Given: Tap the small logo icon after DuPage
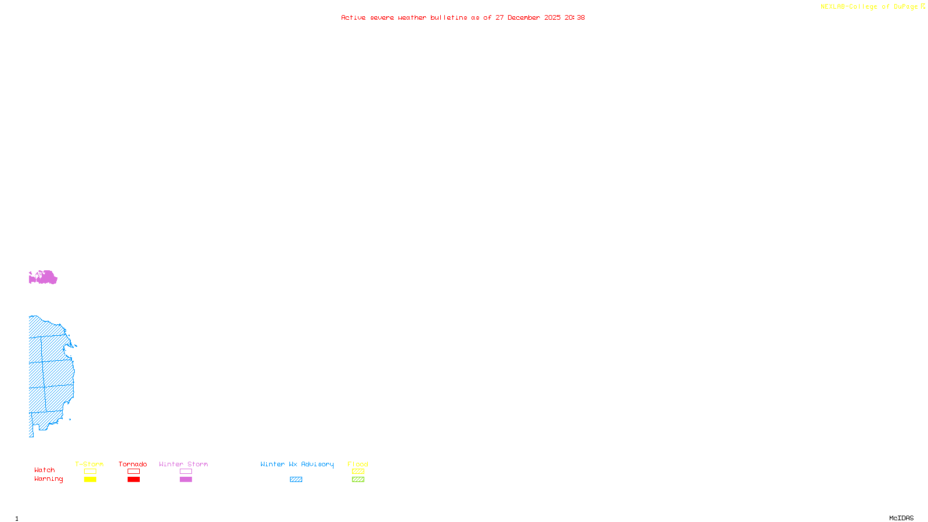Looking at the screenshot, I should [923, 6].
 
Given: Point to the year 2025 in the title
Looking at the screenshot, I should [552, 17].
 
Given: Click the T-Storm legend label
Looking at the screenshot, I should [89, 464].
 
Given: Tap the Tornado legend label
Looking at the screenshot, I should [133, 464].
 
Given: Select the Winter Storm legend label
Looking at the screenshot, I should [183, 464].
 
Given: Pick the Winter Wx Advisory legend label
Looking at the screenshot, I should [297, 464].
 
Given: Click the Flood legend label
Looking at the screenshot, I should [358, 464].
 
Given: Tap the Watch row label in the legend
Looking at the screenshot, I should [45, 470].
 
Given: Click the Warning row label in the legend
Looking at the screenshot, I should [48, 479].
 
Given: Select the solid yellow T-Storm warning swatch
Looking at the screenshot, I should [90, 480].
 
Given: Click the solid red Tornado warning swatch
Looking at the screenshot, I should [133, 480].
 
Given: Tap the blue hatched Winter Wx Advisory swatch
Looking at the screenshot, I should [296, 480].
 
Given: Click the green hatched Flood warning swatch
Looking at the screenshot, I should [358, 480].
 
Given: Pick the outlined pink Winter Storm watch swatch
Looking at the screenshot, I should [186, 472].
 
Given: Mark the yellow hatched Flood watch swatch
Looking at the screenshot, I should [358, 472].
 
